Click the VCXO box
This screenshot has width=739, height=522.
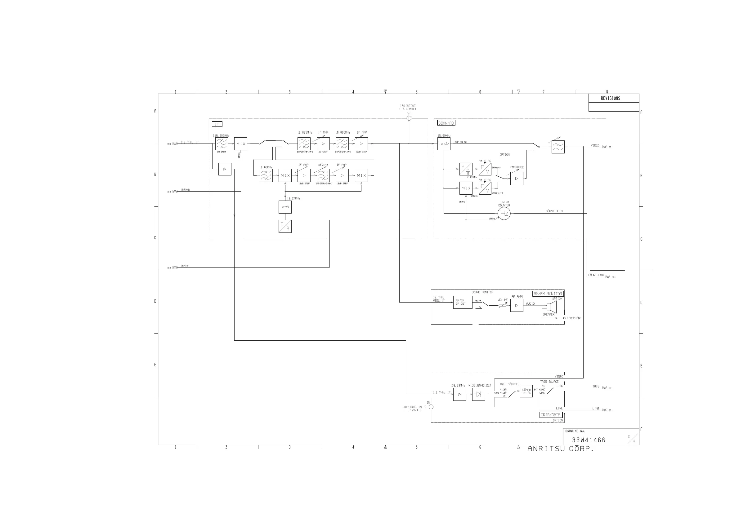pyautogui.click(x=285, y=207)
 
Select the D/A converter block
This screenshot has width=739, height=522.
pyautogui.click(x=285, y=226)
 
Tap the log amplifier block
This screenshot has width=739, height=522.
pyautogui.click(x=444, y=144)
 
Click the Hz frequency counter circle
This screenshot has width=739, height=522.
pyautogui.click(x=504, y=214)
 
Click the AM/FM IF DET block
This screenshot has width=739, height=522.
pyautogui.click(x=463, y=302)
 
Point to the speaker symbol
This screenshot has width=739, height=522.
pyautogui.click(x=551, y=306)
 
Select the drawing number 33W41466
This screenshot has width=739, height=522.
pyautogui.click(x=589, y=440)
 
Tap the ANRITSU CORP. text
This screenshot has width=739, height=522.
pyautogui.click(x=560, y=449)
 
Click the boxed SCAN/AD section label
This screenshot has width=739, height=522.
pyautogui.click(x=446, y=123)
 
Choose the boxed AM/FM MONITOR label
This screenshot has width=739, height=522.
pyautogui.click(x=548, y=294)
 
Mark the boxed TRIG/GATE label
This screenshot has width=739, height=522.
pyautogui.click(x=550, y=415)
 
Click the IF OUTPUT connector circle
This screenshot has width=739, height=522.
pyautogui.click(x=409, y=118)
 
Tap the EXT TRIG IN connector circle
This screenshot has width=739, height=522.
pyautogui.click(x=431, y=407)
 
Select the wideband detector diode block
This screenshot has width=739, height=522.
pyautogui.click(x=479, y=394)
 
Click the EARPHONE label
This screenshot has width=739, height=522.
pyautogui.click(x=574, y=318)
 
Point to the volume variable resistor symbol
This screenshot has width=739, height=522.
pyautogui.click(x=502, y=305)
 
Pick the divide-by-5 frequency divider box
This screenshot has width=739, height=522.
pyautogui.click(x=466, y=169)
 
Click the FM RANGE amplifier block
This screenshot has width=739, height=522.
pyautogui.click(x=517, y=179)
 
